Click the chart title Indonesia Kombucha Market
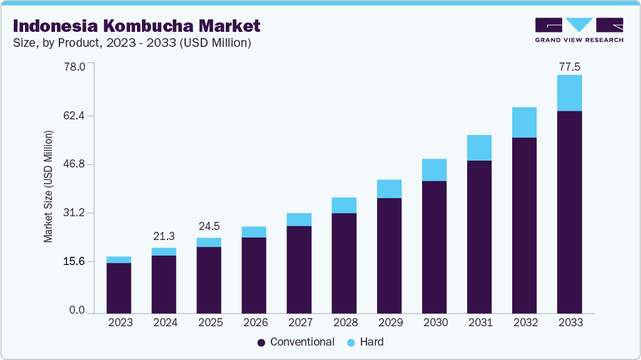click(136, 26)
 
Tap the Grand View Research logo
click(578, 30)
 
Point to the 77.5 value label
click(570, 66)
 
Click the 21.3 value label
click(164, 236)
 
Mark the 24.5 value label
click(209, 226)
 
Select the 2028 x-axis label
click(344, 323)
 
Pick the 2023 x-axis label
click(119, 323)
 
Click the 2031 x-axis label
click(479, 323)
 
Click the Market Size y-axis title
click(48, 187)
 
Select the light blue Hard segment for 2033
click(570, 92)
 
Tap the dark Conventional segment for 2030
click(434, 247)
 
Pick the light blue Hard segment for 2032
click(524, 122)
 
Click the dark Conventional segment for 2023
click(119, 287)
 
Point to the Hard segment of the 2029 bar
click(389, 189)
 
